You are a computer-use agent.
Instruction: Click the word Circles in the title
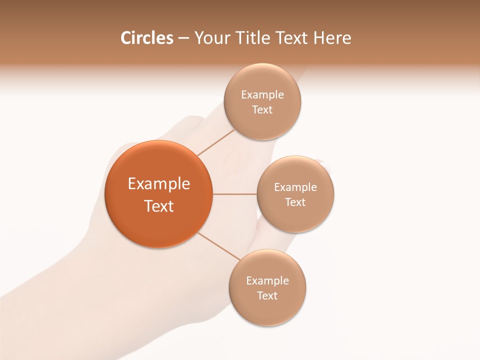coord(146,38)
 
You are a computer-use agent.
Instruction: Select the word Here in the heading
coord(332,38)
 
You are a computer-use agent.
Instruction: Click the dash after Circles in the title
coord(183,38)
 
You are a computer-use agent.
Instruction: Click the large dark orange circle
coord(158,160)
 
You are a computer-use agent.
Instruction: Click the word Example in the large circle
coord(159,184)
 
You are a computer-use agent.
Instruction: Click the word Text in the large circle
coord(159,206)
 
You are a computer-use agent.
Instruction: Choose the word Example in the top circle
coord(262,95)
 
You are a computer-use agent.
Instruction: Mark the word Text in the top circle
coord(262,110)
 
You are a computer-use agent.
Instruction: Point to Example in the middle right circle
coord(295,187)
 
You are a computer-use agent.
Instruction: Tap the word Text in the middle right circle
coord(295,202)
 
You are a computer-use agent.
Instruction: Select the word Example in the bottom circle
coord(267,281)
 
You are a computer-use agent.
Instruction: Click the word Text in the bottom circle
coord(267,296)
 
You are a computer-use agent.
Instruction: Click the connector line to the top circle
coord(216,142)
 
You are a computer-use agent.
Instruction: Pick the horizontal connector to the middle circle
coord(234,194)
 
